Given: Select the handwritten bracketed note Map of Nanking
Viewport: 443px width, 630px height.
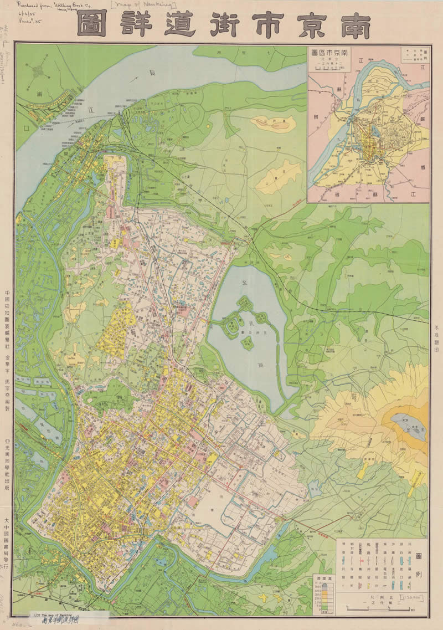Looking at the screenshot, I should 143,6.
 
